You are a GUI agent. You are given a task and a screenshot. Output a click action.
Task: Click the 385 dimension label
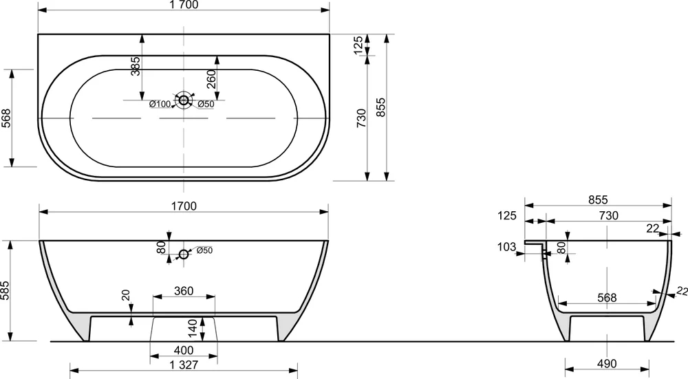[x=136, y=66]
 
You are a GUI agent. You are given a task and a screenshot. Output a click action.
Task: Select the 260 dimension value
[x=211, y=79]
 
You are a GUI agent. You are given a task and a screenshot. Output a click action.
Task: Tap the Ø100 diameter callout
[x=160, y=104]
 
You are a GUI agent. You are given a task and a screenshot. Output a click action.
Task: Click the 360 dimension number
[x=184, y=291]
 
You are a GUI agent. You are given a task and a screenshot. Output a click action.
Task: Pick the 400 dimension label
[x=184, y=350]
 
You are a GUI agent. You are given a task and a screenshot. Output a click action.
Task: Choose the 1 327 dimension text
[x=184, y=365]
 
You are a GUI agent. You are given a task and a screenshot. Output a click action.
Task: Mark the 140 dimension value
[x=193, y=329]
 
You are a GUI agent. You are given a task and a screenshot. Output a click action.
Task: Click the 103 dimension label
[x=507, y=247]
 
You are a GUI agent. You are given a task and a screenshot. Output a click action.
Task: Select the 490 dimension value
[x=607, y=363]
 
